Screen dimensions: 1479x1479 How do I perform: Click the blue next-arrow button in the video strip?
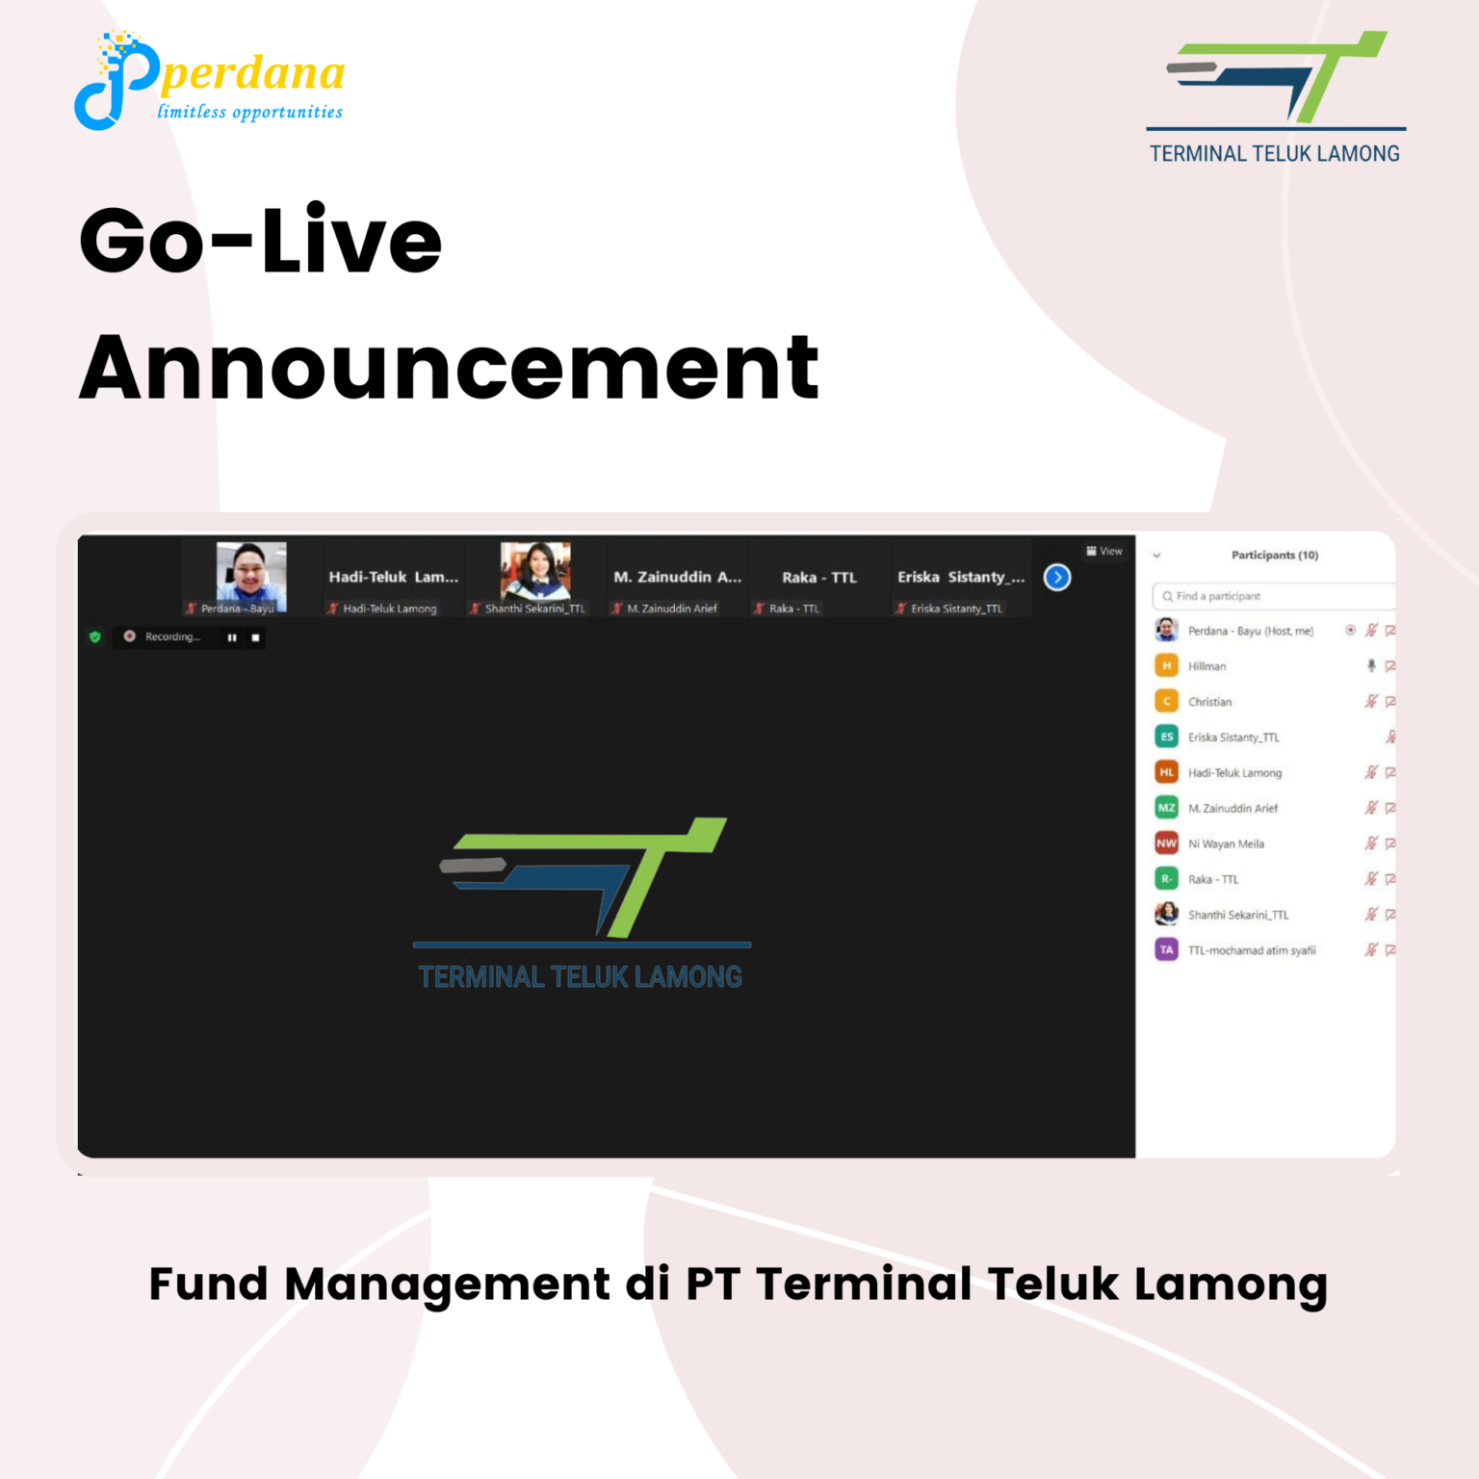[1057, 577]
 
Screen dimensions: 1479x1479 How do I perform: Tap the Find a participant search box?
[1273, 596]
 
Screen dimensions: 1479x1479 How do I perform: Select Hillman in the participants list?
[1207, 666]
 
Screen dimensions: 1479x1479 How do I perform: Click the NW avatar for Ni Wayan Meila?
[1167, 843]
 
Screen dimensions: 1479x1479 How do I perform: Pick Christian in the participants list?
[1210, 702]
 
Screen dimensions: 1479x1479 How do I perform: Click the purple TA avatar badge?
[1167, 950]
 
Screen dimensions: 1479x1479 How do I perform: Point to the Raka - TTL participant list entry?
[1213, 879]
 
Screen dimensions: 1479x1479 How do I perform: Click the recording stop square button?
[255, 637]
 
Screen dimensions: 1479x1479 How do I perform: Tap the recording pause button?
[232, 637]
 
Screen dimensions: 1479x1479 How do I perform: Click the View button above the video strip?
[1104, 552]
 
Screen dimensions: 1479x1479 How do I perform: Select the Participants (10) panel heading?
[1275, 555]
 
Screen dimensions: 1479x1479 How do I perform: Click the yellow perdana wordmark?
[252, 73]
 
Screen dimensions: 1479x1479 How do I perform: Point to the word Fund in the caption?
[209, 1284]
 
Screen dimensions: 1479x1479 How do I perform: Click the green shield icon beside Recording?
[95, 636]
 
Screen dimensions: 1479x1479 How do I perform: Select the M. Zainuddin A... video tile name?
[678, 577]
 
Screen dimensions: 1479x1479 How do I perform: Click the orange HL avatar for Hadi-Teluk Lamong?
[1167, 772]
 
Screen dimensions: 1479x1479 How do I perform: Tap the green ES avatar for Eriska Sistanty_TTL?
[1167, 737]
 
